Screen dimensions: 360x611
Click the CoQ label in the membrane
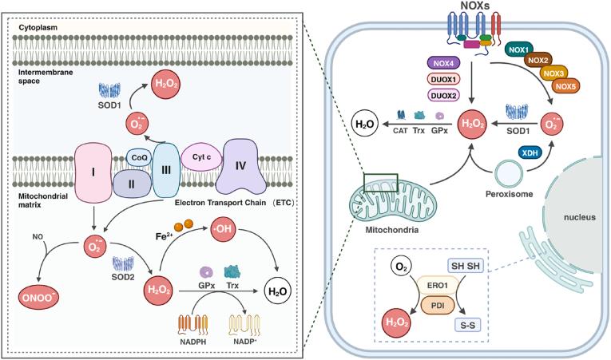pos(137,158)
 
